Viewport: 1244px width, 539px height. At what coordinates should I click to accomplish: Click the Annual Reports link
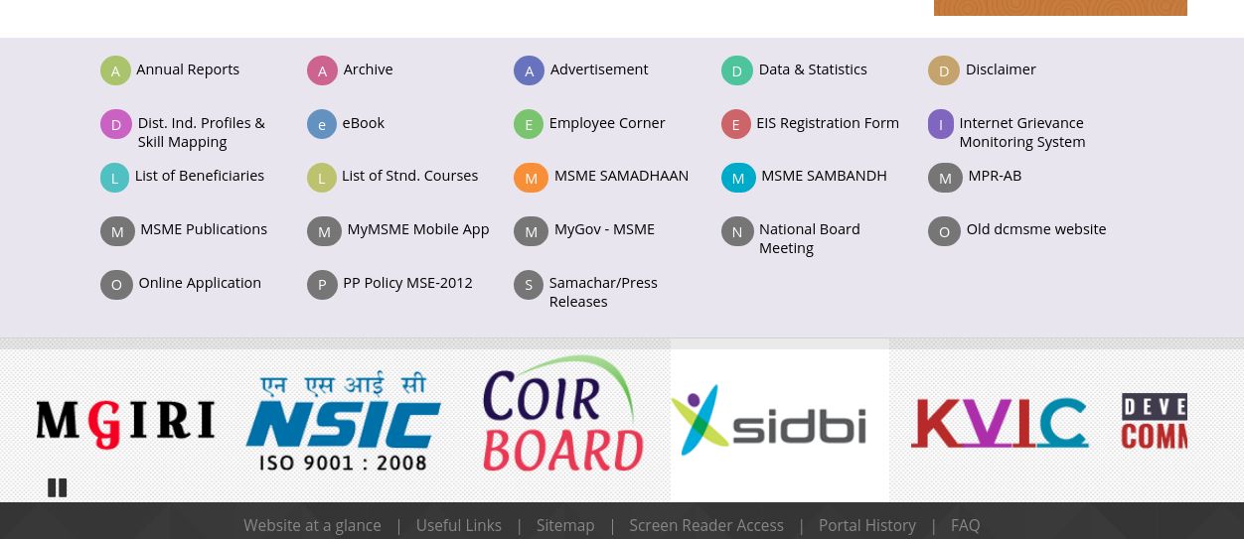click(188, 69)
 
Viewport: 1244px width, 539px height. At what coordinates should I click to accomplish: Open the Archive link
click(368, 69)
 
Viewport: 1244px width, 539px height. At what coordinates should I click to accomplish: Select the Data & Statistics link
click(812, 69)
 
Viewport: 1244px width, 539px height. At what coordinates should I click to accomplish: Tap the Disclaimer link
click(1001, 69)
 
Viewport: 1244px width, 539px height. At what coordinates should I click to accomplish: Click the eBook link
click(363, 123)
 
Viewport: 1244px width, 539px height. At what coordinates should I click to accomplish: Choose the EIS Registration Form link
click(827, 123)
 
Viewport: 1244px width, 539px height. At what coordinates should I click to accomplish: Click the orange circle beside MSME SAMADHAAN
click(531, 178)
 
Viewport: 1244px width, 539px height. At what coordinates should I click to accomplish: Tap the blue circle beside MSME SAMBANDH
click(738, 178)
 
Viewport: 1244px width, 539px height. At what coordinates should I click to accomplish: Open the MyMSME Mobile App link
click(417, 229)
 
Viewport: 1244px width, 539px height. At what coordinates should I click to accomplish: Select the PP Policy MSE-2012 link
click(407, 283)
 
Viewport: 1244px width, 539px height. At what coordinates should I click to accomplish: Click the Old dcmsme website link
click(1035, 229)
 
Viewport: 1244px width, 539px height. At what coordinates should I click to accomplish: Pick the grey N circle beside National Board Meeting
click(737, 231)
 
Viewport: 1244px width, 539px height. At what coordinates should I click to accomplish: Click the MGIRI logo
click(125, 421)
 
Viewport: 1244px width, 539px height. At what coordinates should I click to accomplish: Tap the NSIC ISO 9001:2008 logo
click(343, 422)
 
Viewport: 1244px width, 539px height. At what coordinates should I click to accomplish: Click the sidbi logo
click(769, 422)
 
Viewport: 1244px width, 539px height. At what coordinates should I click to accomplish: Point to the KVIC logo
click(1000, 422)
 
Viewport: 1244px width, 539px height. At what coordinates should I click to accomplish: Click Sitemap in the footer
click(565, 525)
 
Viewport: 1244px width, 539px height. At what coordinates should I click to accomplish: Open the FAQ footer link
click(965, 525)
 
